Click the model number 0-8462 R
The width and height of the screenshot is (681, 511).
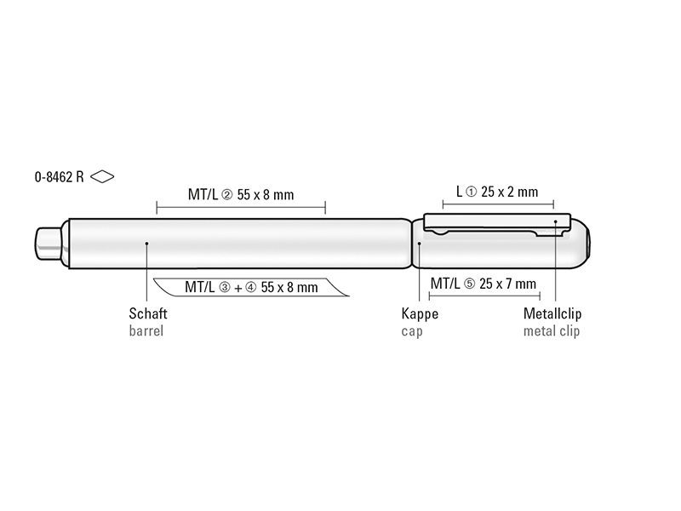[x=59, y=177]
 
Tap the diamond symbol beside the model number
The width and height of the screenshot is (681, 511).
[x=102, y=176]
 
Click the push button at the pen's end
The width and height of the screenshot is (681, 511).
[x=49, y=244]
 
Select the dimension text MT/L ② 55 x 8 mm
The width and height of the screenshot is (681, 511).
[x=241, y=194]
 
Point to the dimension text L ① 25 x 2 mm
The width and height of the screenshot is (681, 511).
[x=497, y=192]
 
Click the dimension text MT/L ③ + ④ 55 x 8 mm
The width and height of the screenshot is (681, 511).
[x=251, y=287]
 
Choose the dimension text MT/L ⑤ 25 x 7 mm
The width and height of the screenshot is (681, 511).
[x=484, y=284]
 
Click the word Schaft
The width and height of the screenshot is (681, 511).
[x=148, y=313]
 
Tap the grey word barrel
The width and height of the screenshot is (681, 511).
[x=146, y=330]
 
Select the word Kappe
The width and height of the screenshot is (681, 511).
[x=420, y=313]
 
